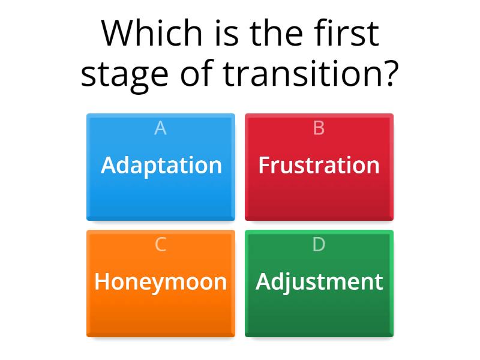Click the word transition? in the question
tap(310, 74)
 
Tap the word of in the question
tap(199, 74)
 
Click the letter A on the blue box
tap(161, 128)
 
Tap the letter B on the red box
tap(319, 128)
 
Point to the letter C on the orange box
tap(161, 244)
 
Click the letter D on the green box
tap(319, 244)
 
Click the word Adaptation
tap(161, 165)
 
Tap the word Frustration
tap(319, 165)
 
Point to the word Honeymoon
tap(161, 281)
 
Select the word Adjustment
tap(319, 281)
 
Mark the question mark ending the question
tap(390, 74)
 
